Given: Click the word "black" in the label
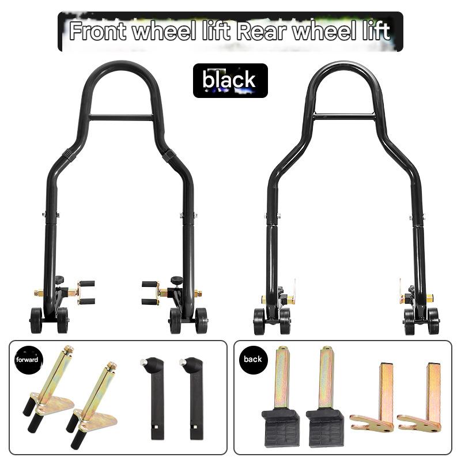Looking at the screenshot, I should coord(229,81).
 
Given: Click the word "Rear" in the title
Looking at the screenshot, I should coord(260,31).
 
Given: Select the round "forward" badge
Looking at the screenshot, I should coord(27,360).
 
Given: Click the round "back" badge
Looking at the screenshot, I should coord(252,359).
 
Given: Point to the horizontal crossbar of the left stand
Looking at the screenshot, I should coord(121,118).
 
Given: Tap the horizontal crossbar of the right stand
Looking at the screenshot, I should coord(344,117).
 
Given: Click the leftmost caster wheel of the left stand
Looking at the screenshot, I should coord(36,320).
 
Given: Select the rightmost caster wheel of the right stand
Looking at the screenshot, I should coord(432,320).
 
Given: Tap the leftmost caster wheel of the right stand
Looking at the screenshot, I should coord(259,321).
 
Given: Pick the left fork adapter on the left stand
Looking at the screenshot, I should coord(85,292).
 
